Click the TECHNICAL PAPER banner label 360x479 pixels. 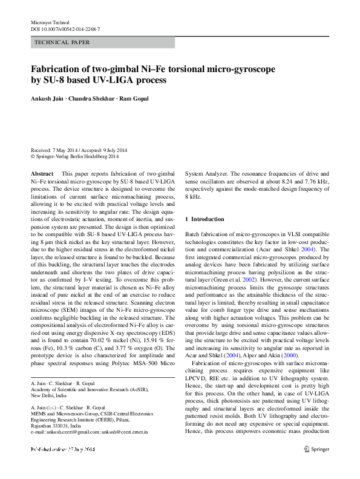62,43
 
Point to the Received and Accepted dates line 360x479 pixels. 79,150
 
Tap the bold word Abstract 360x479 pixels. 42,173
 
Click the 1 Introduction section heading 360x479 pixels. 205,218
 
